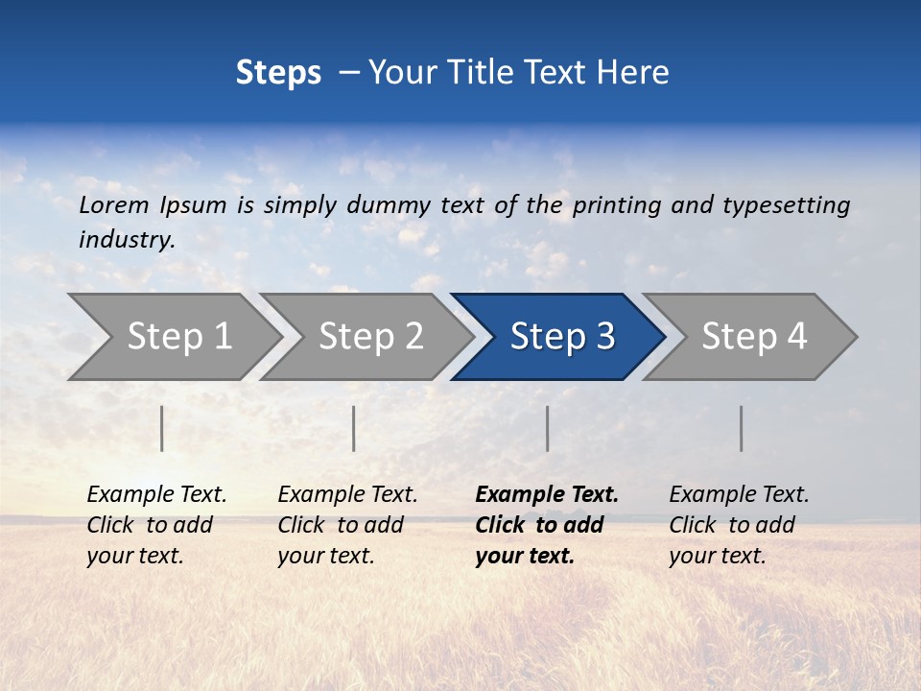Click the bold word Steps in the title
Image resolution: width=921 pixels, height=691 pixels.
tap(278, 73)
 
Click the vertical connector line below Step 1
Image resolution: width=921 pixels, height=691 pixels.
tap(162, 428)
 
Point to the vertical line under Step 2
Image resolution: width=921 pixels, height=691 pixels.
tap(354, 428)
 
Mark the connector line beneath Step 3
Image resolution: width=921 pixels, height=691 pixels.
tap(548, 428)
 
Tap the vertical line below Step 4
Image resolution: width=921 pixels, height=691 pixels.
tap(742, 428)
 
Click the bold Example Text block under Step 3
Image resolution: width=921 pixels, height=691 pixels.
tap(547, 525)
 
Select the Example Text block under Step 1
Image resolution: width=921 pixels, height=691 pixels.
tap(156, 525)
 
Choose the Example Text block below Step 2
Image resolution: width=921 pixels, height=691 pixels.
tap(347, 525)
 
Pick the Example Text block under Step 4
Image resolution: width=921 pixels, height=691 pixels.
tap(739, 525)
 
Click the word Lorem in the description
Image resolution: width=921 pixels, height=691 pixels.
tap(114, 204)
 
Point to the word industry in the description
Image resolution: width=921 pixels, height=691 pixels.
tap(127, 240)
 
